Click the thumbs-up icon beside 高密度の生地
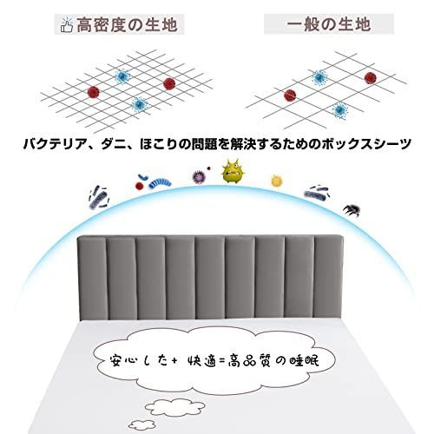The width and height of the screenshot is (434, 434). pyautogui.click(x=66, y=25)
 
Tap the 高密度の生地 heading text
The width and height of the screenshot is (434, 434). pyautogui.click(x=127, y=24)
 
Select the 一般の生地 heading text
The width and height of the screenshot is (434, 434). pyautogui.click(x=329, y=24)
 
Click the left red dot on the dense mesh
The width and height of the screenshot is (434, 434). pyautogui.click(x=94, y=92)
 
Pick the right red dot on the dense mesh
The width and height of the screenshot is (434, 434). pyautogui.click(x=169, y=83)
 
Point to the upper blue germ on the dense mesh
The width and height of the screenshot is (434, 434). pyautogui.click(x=122, y=76)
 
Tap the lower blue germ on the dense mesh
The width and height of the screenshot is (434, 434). pyautogui.click(x=140, y=104)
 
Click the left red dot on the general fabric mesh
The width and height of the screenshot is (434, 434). pyautogui.click(x=290, y=95)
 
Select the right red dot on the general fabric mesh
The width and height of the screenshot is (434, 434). pyautogui.click(x=371, y=78)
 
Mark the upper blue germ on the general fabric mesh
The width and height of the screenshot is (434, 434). pyautogui.click(x=319, y=77)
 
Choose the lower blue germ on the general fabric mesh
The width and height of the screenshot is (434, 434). pyautogui.click(x=339, y=110)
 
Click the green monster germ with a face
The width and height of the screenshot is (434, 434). pyautogui.click(x=233, y=171)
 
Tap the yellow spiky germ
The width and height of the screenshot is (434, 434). pyautogui.click(x=277, y=181)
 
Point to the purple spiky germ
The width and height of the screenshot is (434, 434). pyautogui.click(x=199, y=177)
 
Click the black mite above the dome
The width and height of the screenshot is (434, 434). pyautogui.click(x=352, y=210)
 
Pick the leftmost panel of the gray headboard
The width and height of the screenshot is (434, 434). pyautogui.click(x=91, y=278)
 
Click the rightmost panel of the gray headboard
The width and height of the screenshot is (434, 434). pyautogui.click(x=329, y=277)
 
